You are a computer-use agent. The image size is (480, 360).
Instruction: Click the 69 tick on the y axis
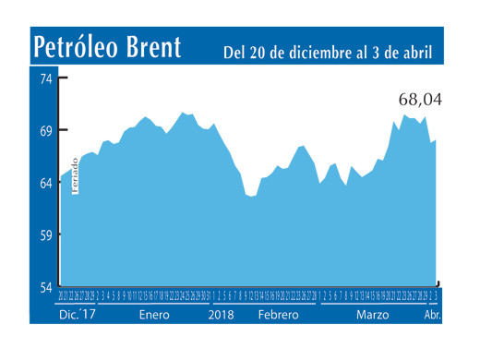pyautogui.click(x=44, y=130)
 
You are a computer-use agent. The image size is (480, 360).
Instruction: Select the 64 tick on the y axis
pyautogui.click(x=44, y=183)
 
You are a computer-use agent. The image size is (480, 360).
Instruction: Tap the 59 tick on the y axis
pyautogui.click(x=44, y=235)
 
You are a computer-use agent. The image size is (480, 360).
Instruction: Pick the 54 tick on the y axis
pyautogui.click(x=44, y=287)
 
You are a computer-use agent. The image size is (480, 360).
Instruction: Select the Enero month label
pyautogui.click(x=154, y=315)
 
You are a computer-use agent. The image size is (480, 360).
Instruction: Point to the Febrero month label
pyautogui.click(x=277, y=315)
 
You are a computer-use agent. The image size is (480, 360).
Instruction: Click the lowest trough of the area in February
pyautogui.click(x=250, y=197)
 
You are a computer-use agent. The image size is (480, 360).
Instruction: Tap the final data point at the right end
pyautogui.click(x=436, y=139)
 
